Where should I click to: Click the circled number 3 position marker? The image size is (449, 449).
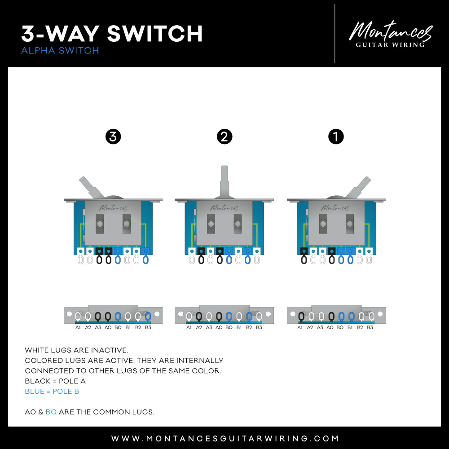113,136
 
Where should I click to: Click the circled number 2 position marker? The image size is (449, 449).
224,136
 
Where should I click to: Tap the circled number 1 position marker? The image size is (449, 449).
336,136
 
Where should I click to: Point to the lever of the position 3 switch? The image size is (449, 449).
91,187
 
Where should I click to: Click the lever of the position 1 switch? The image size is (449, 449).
358,187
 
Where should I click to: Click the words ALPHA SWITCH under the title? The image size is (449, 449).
60,51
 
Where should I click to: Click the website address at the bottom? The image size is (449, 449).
225,438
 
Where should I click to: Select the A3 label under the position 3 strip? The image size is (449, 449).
98,327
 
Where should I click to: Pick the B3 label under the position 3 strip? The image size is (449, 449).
148,327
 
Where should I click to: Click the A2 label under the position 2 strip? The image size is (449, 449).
199,327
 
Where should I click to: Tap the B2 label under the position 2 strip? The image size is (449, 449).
249,327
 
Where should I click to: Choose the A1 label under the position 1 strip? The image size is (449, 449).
300,327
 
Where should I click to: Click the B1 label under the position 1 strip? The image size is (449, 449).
350,327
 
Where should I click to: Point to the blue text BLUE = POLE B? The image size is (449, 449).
52,392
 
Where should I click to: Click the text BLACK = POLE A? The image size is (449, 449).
55,381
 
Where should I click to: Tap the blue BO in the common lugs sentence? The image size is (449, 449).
51,412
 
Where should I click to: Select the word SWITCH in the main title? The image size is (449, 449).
154,34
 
